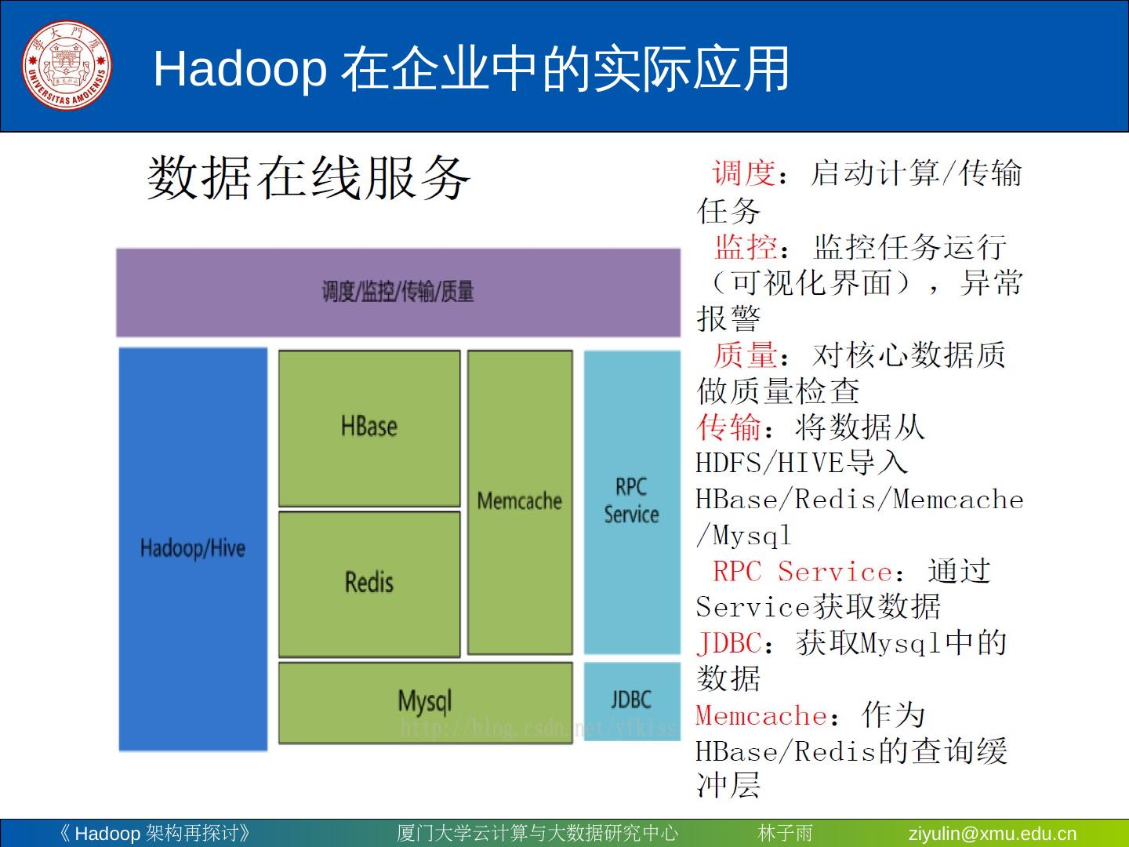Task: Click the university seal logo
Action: pyautogui.click(x=66, y=66)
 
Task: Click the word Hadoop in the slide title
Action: pyautogui.click(x=239, y=69)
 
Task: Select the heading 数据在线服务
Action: pyautogui.click(x=309, y=177)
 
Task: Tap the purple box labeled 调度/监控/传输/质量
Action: pyautogui.click(x=398, y=293)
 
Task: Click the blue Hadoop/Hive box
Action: pyautogui.click(x=193, y=548)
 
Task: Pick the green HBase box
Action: pyautogui.click(x=369, y=427)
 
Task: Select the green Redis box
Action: pyautogui.click(x=369, y=583)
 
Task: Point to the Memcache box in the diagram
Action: pyautogui.click(x=520, y=502)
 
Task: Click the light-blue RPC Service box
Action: pyautogui.click(x=632, y=501)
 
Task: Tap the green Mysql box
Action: pyautogui.click(x=425, y=702)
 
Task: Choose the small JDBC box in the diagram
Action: pyautogui.click(x=632, y=700)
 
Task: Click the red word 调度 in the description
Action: pyautogui.click(x=743, y=173)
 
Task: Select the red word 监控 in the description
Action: pyautogui.click(x=746, y=247)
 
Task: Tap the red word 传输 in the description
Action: pyautogui.click(x=728, y=427)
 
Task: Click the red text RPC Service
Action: pyautogui.click(x=801, y=572)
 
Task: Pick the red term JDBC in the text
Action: pyautogui.click(x=729, y=644)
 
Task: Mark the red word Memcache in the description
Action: pyautogui.click(x=761, y=716)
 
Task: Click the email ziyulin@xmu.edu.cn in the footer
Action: pyautogui.click(x=992, y=834)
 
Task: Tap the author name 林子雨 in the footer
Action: pyautogui.click(x=785, y=834)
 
